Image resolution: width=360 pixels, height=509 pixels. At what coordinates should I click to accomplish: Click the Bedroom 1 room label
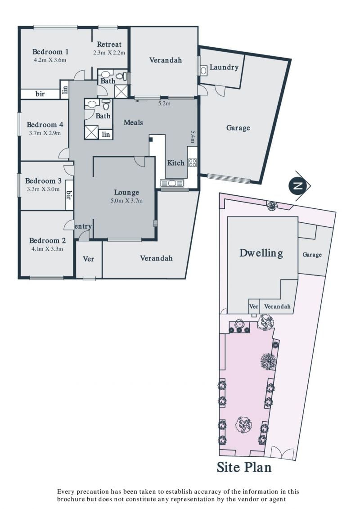(x=50, y=52)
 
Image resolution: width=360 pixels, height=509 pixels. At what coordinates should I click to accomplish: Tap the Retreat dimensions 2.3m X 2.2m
(x=109, y=53)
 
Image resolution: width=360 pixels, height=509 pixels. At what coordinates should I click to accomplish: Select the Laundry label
(x=224, y=67)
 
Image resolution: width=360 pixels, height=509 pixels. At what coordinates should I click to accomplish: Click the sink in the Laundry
(x=203, y=71)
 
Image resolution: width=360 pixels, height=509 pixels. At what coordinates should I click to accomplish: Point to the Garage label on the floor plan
(x=238, y=128)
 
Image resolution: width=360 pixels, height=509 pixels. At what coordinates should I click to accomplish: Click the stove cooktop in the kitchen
(x=193, y=162)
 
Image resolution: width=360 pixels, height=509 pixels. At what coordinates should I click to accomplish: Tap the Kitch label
(x=175, y=163)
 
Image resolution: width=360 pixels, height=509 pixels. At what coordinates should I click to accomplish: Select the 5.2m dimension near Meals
(x=164, y=104)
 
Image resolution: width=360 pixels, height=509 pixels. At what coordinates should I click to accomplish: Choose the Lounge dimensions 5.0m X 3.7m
(x=126, y=201)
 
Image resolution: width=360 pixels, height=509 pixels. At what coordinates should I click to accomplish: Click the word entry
(x=83, y=226)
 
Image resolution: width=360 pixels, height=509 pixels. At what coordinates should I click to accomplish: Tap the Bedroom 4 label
(x=45, y=125)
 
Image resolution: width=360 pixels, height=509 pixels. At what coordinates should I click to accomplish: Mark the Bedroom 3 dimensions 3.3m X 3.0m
(x=43, y=189)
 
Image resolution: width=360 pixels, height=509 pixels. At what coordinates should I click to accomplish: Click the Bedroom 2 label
(x=47, y=240)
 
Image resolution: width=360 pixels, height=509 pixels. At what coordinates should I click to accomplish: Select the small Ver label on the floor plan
(x=89, y=259)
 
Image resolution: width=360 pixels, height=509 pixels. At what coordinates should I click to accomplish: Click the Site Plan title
(x=244, y=468)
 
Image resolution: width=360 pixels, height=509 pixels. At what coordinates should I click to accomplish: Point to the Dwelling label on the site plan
(x=261, y=253)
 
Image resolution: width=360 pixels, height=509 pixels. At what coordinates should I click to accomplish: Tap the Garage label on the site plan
(x=312, y=255)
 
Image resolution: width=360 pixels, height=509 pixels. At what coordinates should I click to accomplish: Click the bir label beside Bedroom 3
(x=68, y=195)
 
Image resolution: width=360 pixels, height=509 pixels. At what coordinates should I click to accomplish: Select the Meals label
(x=133, y=122)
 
